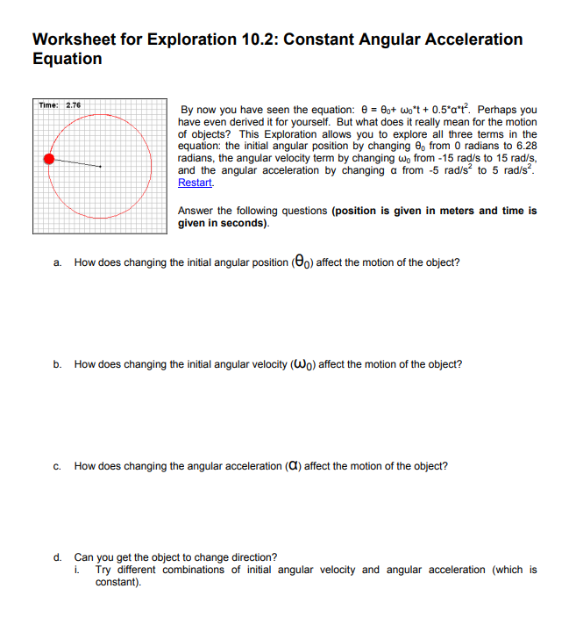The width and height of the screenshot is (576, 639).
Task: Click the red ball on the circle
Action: point(50,159)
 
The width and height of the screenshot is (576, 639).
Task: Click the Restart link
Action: point(195,183)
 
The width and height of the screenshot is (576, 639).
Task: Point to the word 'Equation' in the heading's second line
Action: point(67,60)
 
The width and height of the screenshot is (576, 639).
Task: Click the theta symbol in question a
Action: point(301,262)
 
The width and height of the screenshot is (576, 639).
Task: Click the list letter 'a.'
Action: point(57,262)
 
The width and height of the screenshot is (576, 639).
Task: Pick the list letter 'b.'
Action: point(57,364)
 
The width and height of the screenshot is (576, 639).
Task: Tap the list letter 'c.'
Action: point(57,467)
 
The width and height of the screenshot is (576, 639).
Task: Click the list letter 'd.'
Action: point(57,557)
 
